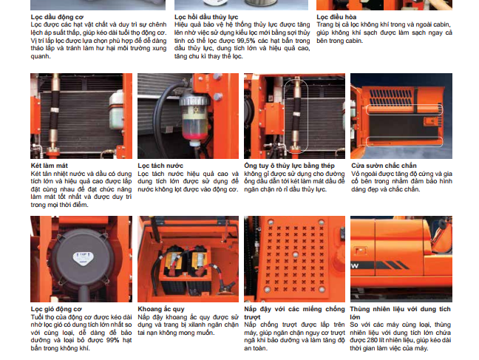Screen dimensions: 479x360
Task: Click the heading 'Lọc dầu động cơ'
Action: pyautogui.click(x=57, y=17)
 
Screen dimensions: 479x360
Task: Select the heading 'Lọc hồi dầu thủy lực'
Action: pyautogui.click(x=206, y=17)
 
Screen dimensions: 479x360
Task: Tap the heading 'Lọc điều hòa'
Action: pyautogui.click(x=336, y=17)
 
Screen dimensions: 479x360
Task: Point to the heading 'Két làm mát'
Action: pyautogui.click(x=50, y=166)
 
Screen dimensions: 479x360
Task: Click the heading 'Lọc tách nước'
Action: pyautogui.click(x=160, y=166)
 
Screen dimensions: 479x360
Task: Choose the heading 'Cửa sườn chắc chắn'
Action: pyautogui.click(x=384, y=166)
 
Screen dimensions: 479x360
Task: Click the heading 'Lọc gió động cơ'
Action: pyautogui.click(x=56, y=309)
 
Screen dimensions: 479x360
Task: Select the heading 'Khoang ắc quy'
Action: pyautogui.click(x=161, y=309)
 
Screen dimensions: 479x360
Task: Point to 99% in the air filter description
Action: pyautogui.click(x=112, y=340)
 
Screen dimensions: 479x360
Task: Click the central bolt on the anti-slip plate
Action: pyautogui.click(x=295, y=254)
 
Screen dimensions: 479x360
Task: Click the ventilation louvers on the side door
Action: pyautogui.click(x=391, y=97)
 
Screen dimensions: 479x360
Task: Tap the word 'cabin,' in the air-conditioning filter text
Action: pyautogui.click(x=442, y=24)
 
